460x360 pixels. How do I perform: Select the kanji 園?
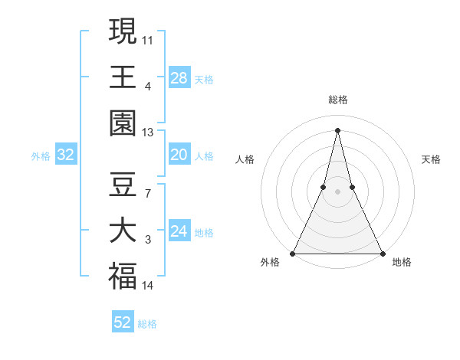(123, 123)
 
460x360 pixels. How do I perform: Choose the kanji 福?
(123, 277)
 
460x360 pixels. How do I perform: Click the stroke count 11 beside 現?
(148, 38)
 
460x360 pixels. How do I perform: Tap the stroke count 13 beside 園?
(148, 133)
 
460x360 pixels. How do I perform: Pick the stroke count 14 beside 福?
(148, 286)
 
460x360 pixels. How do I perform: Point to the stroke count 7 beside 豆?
(148, 193)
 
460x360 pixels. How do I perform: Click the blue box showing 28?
(179, 77)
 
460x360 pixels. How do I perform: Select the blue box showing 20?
(179, 155)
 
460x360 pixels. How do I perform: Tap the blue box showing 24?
(179, 231)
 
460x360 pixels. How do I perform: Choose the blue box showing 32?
(66, 155)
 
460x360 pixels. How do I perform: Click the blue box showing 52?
(123, 322)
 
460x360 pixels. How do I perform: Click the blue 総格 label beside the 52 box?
(147, 324)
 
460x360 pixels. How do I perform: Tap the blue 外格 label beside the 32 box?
(41, 156)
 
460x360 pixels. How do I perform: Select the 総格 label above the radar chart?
(337, 100)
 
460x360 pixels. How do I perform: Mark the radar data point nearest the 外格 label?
(294, 254)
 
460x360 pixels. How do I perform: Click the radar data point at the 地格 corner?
(381, 254)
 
